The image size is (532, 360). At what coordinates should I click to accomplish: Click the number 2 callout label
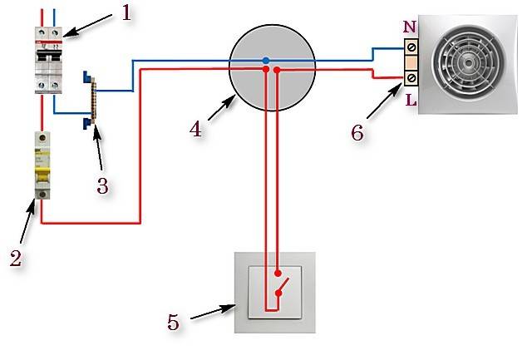pos(14,258)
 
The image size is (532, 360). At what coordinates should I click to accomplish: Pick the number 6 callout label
pos(357,133)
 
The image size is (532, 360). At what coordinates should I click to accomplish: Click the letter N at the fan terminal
pos(409,27)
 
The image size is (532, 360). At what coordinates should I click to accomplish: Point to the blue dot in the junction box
pos(265,60)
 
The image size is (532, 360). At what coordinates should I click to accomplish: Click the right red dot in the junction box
pos(277,72)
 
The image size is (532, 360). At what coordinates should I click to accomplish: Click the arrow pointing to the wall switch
pos(211,313)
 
